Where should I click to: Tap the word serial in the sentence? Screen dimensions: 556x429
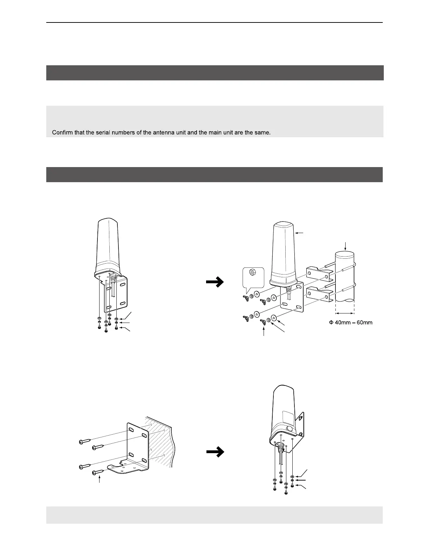(x=95, y=133)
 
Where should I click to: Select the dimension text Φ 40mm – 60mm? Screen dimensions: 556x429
(x=350, y=323)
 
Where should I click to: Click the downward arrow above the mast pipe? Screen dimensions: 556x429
(x=346, y=245)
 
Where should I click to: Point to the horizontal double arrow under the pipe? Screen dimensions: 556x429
(x=345, y=313)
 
